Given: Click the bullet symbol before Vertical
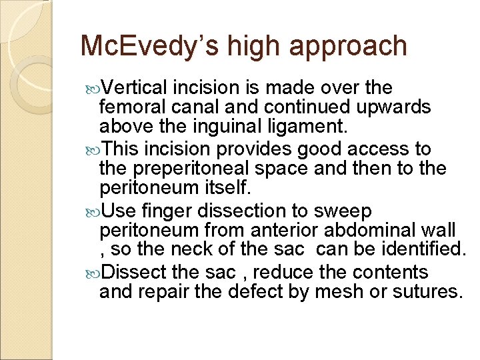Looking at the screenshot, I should pos(93,88).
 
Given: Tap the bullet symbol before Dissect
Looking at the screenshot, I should pos(93,273).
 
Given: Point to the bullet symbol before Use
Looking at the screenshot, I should pos(93,211).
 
